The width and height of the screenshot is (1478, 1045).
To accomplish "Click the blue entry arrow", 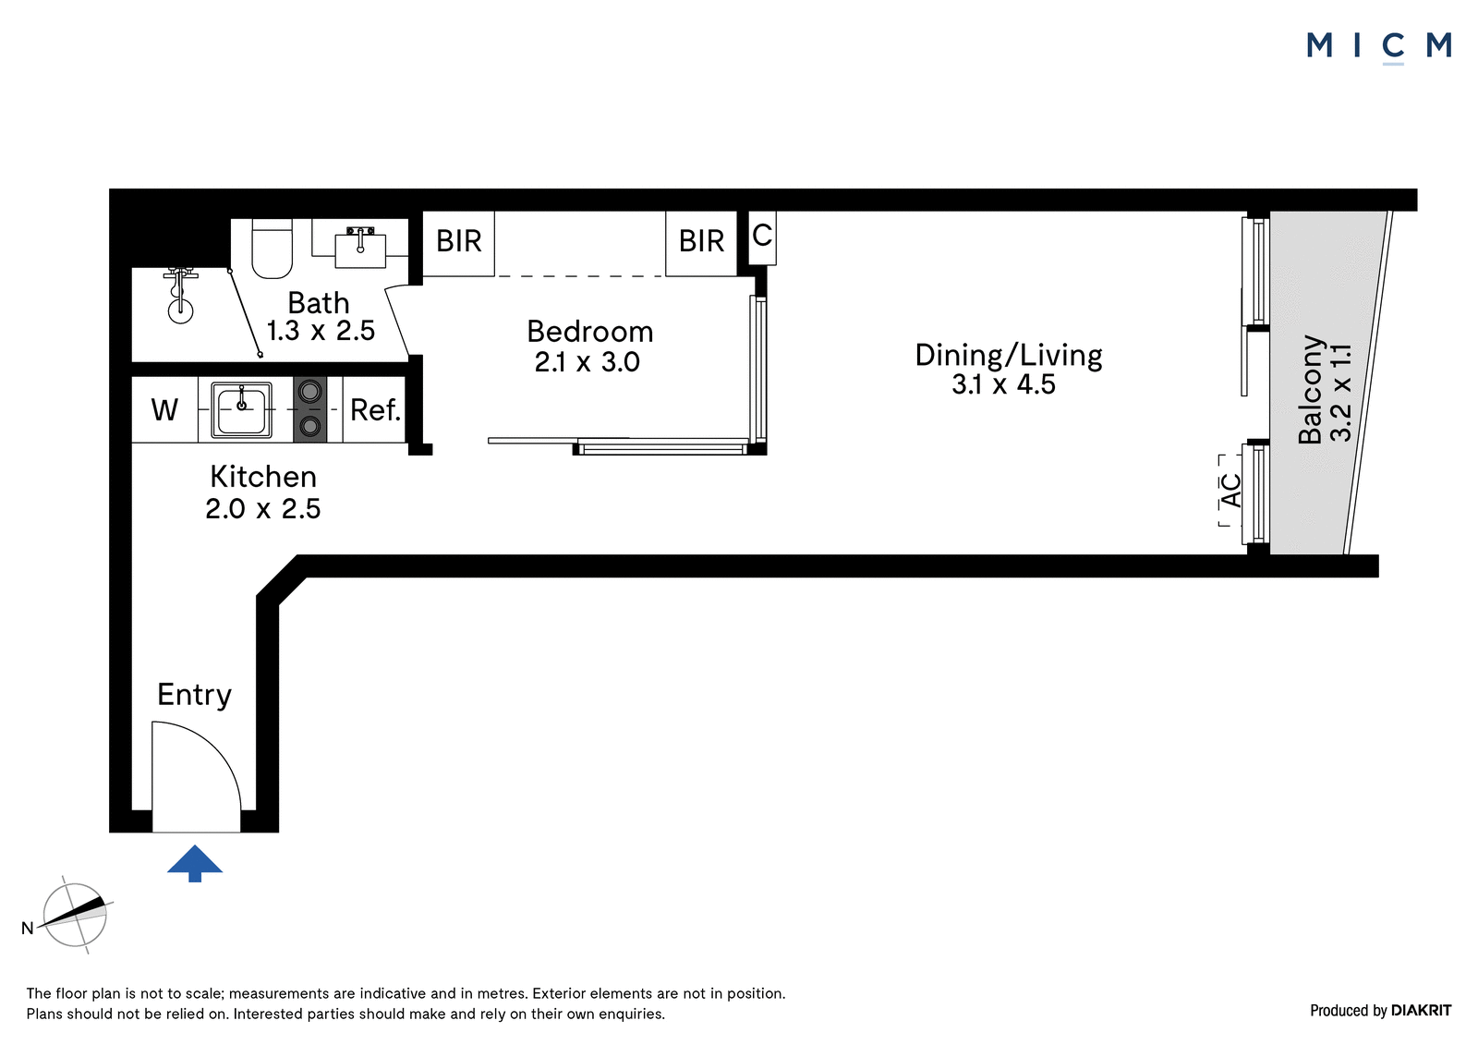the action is click(x=195, y=863).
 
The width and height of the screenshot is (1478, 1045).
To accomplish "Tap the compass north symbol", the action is click(x=75, y=915).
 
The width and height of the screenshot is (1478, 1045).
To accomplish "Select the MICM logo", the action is click(x=1380, y=47).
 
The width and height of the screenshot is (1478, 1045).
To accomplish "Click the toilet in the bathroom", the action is click(x=272, y=249).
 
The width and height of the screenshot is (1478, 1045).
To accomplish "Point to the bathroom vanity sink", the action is click(x=360, y=247).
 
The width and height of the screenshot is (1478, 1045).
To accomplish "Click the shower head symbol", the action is click(x=180, y=296).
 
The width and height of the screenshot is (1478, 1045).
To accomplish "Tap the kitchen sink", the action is click(x=241, y=409).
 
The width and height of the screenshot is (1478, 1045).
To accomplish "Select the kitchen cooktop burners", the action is click(x=310, y=409).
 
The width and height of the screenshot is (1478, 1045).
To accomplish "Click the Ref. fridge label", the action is click(x=375, y=410).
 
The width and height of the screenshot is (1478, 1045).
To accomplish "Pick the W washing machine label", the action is click(x=164, y=410).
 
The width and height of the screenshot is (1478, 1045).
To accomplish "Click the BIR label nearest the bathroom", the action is click(x=459, y=241).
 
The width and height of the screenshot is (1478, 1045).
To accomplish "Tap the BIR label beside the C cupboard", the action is click(x=701, y=241).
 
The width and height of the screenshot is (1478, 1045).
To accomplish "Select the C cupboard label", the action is click(x=762, y=235).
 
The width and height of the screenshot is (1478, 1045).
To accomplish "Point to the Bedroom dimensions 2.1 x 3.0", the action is click(x=588, y=362).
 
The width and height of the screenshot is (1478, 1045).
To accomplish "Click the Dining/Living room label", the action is click(x=1009, y=355).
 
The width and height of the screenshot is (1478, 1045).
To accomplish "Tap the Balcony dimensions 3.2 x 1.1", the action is click(x=1341, y=393).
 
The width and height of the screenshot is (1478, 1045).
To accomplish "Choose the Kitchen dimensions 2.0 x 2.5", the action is click(x=263, y=509).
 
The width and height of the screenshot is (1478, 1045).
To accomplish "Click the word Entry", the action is click(x=195, y=695).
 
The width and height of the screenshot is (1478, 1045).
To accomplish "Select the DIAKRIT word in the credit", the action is click(x=1422, y=1010).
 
